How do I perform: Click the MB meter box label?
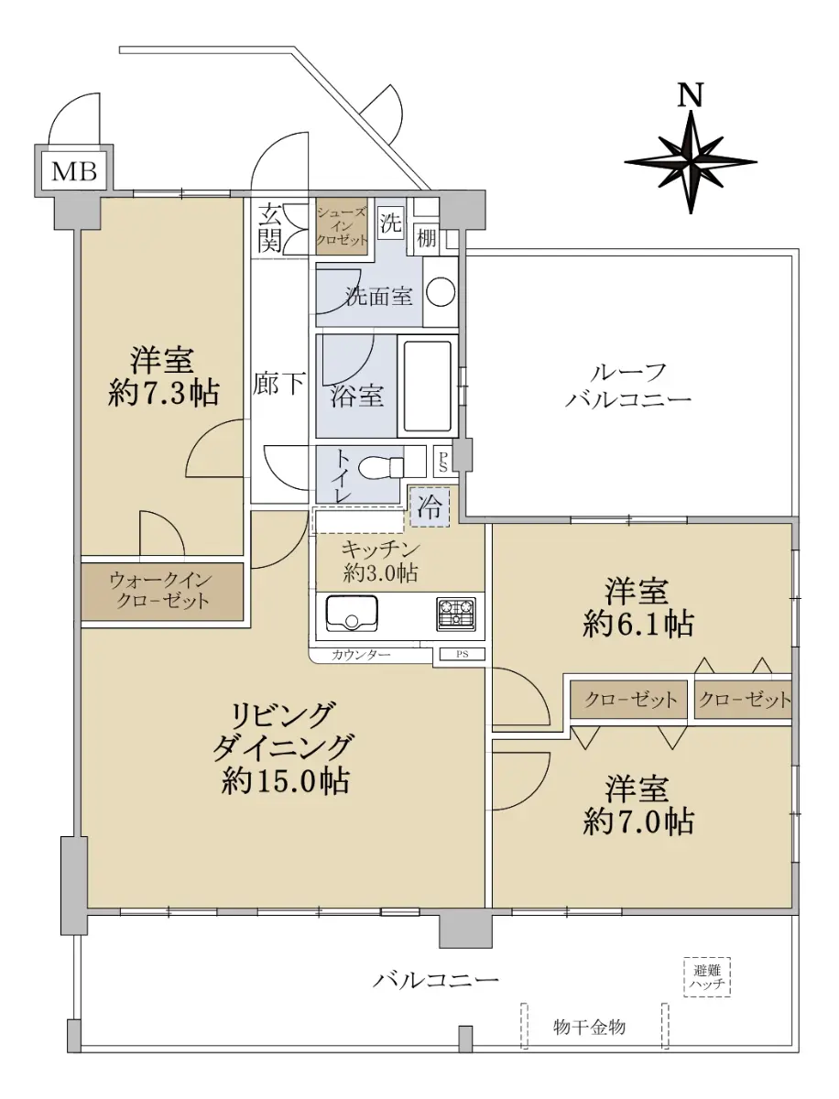tap(74, 172)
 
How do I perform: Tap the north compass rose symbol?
tap(691, 162)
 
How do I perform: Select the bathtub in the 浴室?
tap(427, 386)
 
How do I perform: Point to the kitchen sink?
tap(352, 613)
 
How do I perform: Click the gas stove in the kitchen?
tap(455, 614)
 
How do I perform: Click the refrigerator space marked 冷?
tap(430, 506)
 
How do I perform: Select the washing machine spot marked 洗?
tap(390, 223)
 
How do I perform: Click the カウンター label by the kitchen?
tap(361, 655)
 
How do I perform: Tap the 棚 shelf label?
tap(427, 238)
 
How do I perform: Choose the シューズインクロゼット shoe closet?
tap(342, 226)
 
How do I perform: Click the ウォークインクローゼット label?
tap(162, 591)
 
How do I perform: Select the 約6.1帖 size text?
tap(638, 625)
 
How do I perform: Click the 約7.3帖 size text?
tap(163, 393)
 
